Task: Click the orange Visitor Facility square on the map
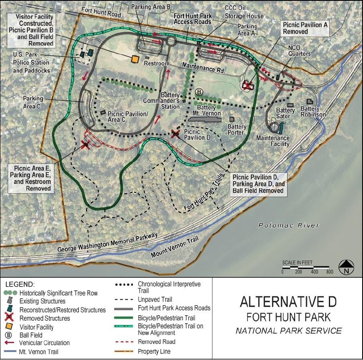(x=135, y=60)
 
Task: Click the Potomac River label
(x=289, y=225)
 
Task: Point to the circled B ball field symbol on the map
(x=199, y=92)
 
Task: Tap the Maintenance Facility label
(x=274, y=141)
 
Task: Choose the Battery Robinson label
(x=313, y=112)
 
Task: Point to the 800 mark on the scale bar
(x=329, y=272)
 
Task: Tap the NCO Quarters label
(x=299, y=51)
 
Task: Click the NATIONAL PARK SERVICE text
(x=288, y=330)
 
